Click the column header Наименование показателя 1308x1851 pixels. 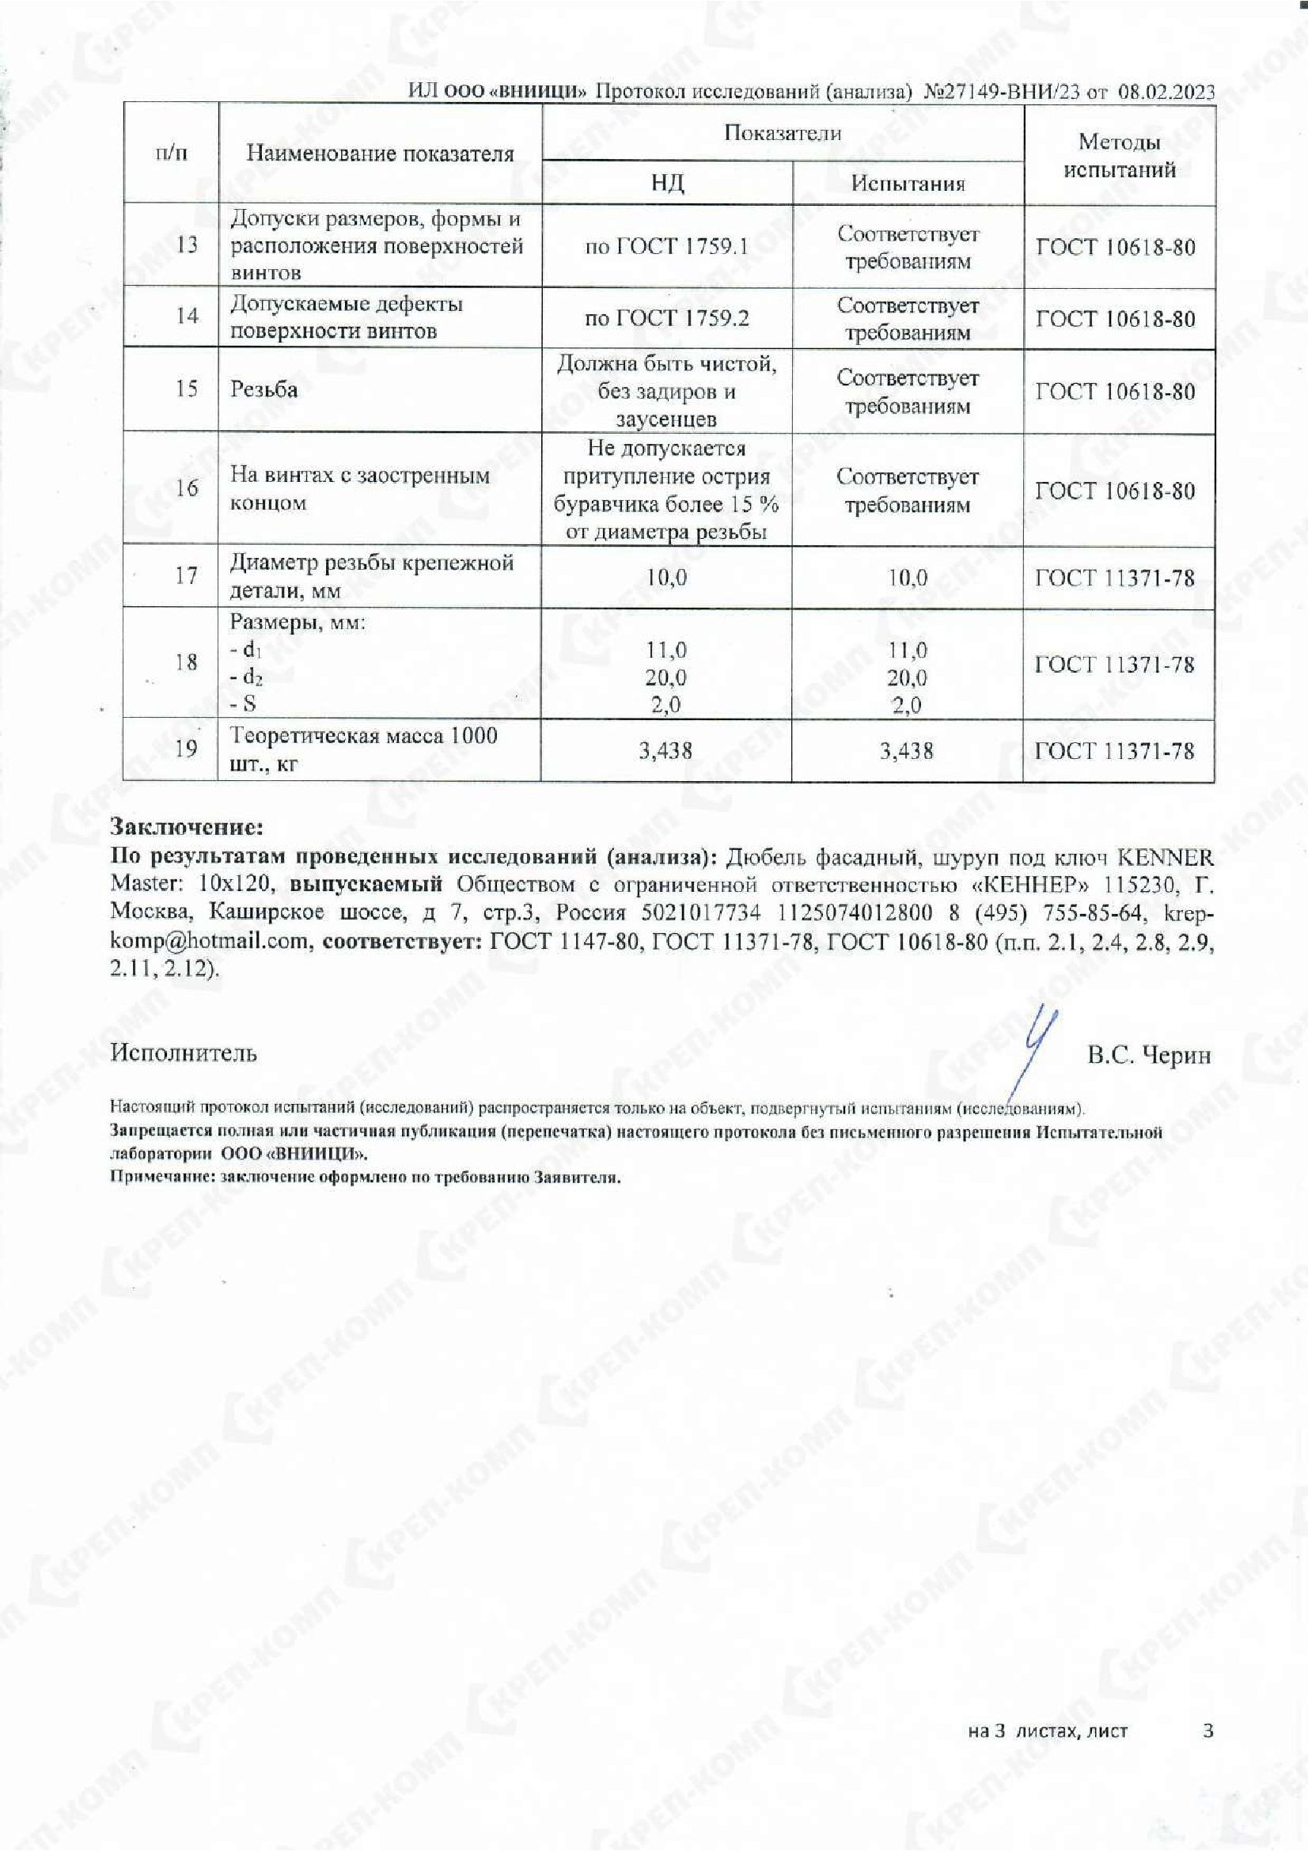coord(380,154)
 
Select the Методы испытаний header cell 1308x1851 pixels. coord(1120,156)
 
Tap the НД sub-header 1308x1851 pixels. coord(667,184)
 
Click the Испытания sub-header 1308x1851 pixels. coord(908,184)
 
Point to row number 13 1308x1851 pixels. coord(186,245)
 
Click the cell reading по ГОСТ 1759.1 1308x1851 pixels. coord(666,246)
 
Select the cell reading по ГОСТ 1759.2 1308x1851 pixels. coord(666,318)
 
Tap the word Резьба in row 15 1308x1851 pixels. coord(264,390)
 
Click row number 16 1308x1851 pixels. coord(186,488)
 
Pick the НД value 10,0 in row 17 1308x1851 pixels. coord(666,577)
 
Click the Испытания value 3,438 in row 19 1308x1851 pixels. coord(907,751)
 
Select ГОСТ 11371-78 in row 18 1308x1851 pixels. coord(1115,664)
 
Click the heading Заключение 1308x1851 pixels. coord(187,827)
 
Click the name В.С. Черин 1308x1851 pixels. coord(1148,1056)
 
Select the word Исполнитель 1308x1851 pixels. coord(184,1053)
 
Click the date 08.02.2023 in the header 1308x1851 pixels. coord(1166,92)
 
